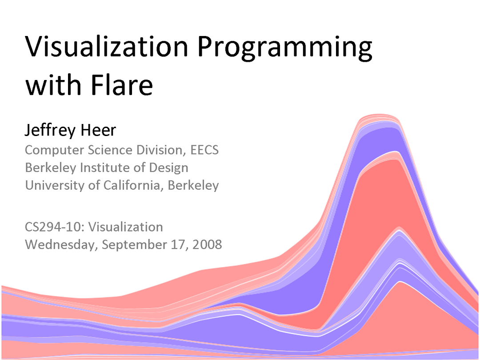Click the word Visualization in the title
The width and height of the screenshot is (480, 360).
(x=107, y=47)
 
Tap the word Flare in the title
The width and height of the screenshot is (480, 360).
(x=121, y=84)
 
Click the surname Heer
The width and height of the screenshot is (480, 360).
(x=98, y=130)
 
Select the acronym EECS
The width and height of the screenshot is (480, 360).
(x=204, y=150)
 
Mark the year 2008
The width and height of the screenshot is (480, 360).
(x=207, y=244)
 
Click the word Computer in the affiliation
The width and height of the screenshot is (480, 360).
(x=55, y=150)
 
